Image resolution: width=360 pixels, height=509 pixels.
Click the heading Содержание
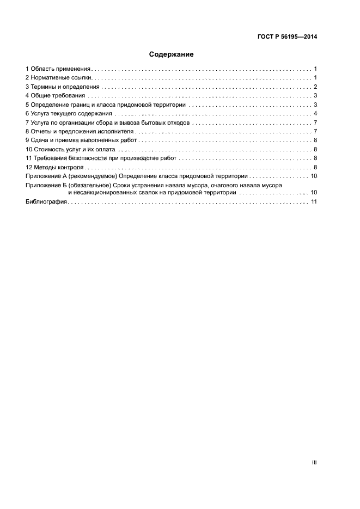pos(171,54)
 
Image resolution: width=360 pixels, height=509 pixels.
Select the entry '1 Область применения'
pos(58,69)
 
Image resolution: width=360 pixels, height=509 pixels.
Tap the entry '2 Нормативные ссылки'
pos(60,78)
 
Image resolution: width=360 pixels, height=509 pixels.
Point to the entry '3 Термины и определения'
pos(63,87)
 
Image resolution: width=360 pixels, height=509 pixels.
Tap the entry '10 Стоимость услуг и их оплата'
pos(71,149)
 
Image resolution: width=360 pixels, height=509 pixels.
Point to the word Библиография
pos(46,201)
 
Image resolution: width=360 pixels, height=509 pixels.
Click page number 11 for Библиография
pos(313,201)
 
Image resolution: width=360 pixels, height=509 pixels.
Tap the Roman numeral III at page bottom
pos(314,462)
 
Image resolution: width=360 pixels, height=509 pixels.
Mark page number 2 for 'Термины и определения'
pos(315,87)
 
